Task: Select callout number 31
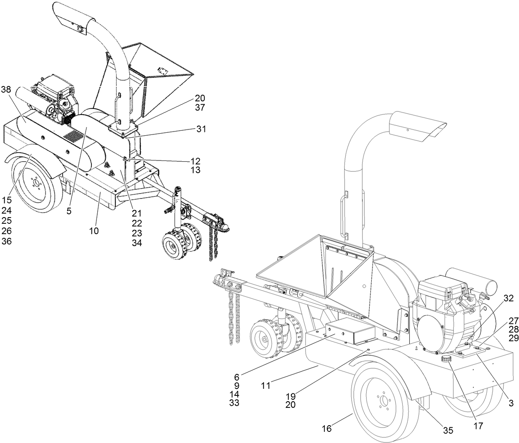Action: (201, 129)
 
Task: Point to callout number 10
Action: (94, 231)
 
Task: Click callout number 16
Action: (327, 429)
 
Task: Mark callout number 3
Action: (512, 402)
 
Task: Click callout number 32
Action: (509, 297)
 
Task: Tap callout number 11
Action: (266, 386)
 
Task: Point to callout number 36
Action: (6, 241)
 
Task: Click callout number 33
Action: (234, 402)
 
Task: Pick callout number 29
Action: (513, 338)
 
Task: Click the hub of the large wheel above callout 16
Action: (384, 400)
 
